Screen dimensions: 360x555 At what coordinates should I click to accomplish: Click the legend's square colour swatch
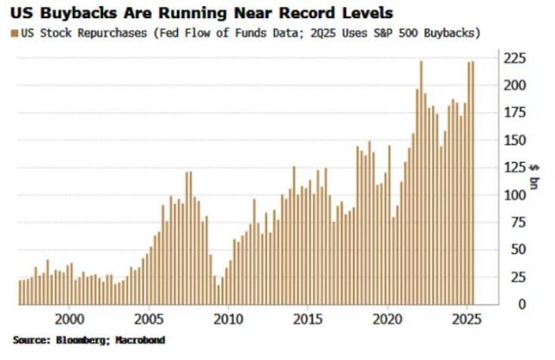point(13,33)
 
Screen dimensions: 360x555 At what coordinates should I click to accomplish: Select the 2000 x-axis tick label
point(70,318)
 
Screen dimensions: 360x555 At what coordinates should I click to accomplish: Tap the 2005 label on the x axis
point(149,318)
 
